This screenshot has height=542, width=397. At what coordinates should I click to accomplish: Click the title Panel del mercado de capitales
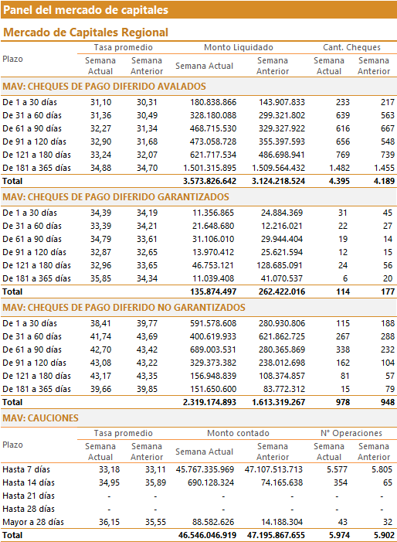(86, 10)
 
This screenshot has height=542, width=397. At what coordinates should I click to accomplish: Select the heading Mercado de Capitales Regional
(86, 32)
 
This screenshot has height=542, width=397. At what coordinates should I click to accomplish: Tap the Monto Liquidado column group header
(239, 47)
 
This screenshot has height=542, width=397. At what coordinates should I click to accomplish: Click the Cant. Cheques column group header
(351, 47)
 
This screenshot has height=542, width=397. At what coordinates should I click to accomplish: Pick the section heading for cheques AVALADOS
(104, 87)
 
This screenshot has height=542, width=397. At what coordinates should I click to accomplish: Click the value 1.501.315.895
(210, 168)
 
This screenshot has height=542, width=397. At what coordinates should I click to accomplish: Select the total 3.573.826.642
(210, 181)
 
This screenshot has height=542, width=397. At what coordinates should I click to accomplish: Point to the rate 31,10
(101, 102)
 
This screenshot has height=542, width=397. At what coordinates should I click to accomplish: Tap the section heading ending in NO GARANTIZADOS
(124, 308)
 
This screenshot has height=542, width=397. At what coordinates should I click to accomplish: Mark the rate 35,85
(101, 278)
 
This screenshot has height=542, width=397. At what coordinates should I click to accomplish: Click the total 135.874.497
(213, 291)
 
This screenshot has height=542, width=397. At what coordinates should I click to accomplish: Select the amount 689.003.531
(213, 349)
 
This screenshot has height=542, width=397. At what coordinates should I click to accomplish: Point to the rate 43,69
(147, 336)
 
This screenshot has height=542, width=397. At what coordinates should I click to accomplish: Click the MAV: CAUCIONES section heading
(40, 418)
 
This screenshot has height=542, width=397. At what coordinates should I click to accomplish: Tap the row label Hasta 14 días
(29, 483)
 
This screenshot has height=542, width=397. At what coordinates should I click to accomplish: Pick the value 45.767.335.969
(205, 470)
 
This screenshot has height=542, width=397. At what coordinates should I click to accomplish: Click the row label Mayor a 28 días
(33, 523)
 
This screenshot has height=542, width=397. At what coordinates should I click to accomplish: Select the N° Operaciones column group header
(351, 433)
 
